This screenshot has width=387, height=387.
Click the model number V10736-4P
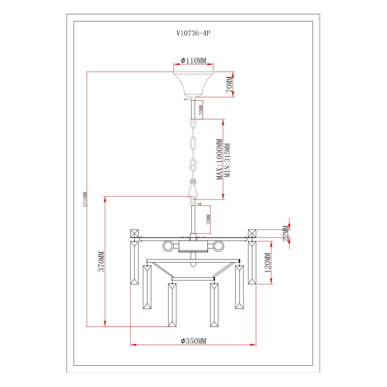point(193,33)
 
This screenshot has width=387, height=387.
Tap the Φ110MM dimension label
point(193,60)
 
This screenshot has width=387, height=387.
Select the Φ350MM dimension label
point(193,341)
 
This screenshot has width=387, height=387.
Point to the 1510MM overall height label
point(85,199)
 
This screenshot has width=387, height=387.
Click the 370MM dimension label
point(102,261)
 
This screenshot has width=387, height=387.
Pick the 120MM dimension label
point(268,263)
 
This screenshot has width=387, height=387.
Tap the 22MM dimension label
point(286,233)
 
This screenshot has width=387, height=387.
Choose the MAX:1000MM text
point(219,159)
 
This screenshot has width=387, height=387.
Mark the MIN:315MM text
point(227,160)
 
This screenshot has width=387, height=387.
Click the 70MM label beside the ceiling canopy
point(229,84)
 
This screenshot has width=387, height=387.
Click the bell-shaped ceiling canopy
point(193,84)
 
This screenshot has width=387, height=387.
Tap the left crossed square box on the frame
point(134,233)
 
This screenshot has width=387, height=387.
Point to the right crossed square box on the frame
point(252,233)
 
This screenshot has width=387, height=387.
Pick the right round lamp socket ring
point(218,246)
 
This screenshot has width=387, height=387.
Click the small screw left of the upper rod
point(187,99)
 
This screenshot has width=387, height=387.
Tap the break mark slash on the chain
point(193,165)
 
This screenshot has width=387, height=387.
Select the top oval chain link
point(193,143)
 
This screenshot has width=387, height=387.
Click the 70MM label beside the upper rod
point(201,110)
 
